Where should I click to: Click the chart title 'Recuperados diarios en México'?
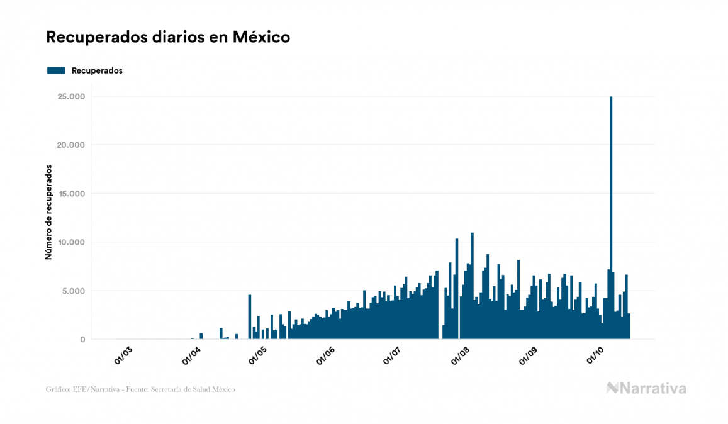coord(168,37)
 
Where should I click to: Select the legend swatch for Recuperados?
coord(56,70)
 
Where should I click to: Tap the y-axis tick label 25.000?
coord(72,96)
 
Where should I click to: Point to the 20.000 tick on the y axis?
coord(72,145)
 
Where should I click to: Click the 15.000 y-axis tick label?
coord(72,194)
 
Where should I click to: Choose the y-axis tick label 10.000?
coord(72,242)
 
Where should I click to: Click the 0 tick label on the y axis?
coord(82,340)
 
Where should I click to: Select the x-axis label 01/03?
coord(123,356)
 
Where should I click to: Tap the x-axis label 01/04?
coord(191,356)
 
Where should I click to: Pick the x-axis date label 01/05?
coord(257,356)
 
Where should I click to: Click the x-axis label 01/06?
coord(326,356)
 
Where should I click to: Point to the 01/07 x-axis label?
coord(392,356)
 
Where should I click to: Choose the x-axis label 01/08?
coord(461,356)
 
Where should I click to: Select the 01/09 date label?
coord(529,356)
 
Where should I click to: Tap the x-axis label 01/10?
coord(595,356)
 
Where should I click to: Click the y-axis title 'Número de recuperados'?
coord(48,213)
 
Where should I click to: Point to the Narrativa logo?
coord(646,388)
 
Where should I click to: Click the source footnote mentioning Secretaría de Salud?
coord(140,389)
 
